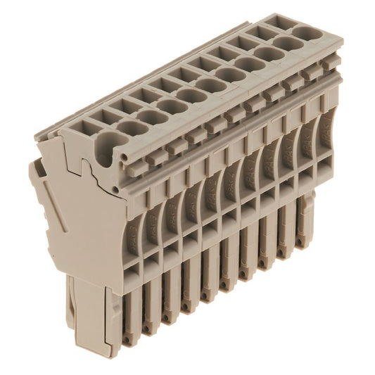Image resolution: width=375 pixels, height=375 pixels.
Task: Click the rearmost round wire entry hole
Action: point(305,32)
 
